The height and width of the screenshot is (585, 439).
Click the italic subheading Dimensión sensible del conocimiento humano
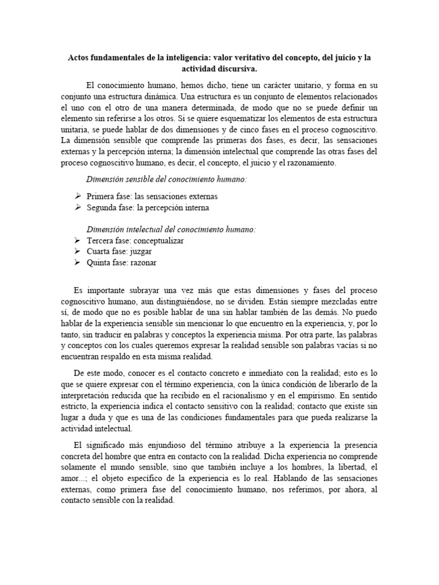[166, 179]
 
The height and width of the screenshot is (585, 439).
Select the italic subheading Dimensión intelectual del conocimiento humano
[171, 229]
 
